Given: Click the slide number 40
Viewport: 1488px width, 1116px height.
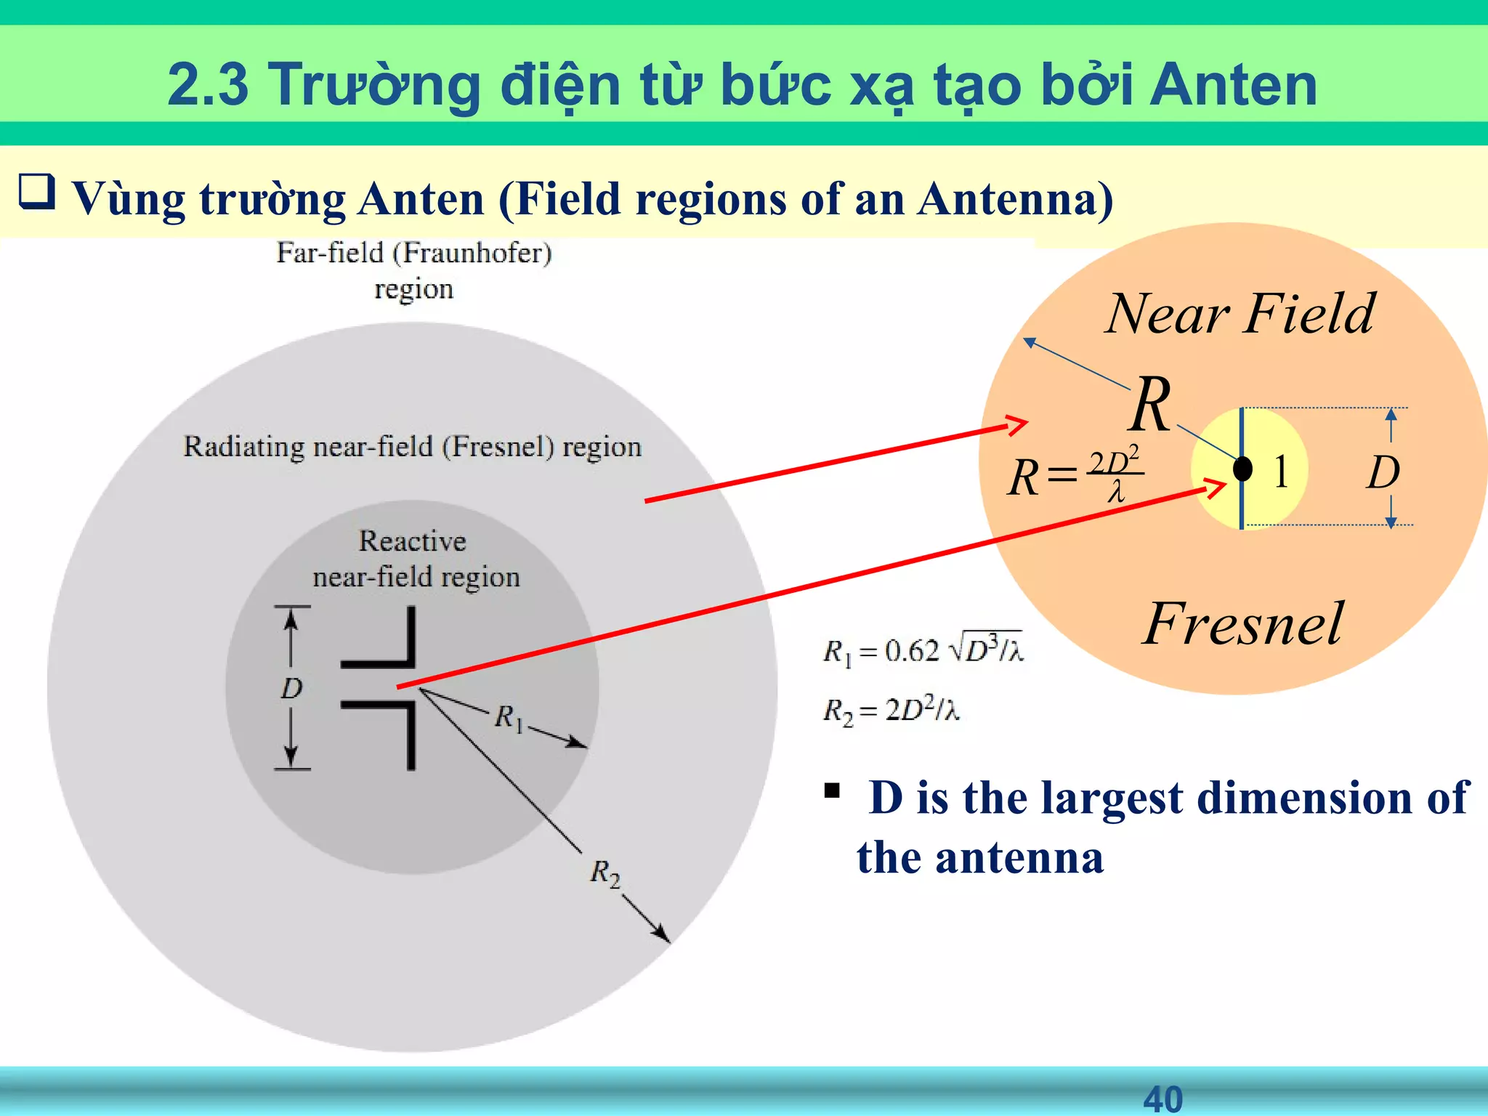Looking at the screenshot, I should [x=1162, y=1099].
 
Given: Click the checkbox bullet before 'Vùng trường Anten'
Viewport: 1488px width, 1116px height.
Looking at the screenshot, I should [x=36, y=192].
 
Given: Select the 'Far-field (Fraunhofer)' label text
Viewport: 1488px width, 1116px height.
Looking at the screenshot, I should [x=414, y=254].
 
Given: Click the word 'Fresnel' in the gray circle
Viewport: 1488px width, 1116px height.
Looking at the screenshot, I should [x=493, y=447].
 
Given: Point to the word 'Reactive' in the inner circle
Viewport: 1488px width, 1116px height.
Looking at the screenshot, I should [x=413, y=541].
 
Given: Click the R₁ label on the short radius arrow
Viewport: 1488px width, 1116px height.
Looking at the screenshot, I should [x=509, y=718].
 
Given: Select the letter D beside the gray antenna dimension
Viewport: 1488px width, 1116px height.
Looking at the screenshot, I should [x=291, y=688].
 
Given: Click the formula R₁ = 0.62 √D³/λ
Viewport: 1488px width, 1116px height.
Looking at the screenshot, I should [x=923, y=650].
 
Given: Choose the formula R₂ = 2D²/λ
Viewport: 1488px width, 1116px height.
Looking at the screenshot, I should [x=891, y=710].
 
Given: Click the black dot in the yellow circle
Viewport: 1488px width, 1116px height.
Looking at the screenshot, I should [x=1243, y=469].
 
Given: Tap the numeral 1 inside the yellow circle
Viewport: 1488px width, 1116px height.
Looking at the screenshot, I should [x=1281, y=472].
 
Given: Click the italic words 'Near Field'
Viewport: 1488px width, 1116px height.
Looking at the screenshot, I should [x=1240, y=314].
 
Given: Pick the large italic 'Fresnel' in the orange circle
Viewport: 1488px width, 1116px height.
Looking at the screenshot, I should [x=1243, y=624].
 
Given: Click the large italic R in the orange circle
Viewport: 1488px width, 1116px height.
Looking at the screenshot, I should [x=1151, y=405].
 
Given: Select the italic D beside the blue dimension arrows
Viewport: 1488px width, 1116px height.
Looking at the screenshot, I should [x=1383, y=474].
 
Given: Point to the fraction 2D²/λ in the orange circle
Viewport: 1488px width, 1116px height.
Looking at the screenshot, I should [x=1115, y=476].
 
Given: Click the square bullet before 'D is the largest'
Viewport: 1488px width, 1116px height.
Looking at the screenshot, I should [x=832, y=790].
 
